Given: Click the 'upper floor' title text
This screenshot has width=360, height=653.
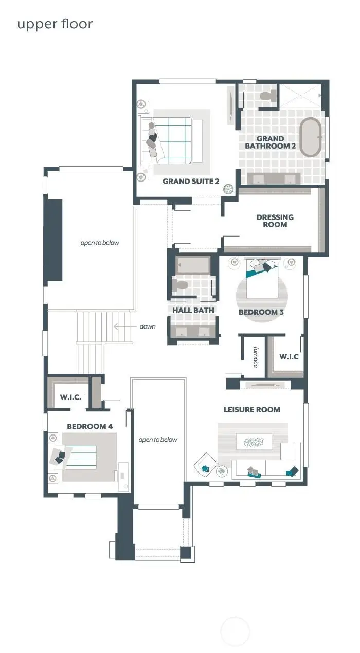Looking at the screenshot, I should coord(55,24).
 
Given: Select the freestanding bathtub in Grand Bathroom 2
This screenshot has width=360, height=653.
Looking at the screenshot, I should coord(311,137).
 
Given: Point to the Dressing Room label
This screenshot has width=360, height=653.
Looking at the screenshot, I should coord(275,221).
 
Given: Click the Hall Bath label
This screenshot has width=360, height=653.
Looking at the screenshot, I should coord(193,310).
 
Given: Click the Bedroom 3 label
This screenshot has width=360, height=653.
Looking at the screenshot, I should coord(261,312).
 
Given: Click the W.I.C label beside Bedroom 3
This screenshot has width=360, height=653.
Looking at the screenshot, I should coord(289,356).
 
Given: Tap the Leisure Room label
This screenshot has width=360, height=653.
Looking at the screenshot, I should coord(251,410).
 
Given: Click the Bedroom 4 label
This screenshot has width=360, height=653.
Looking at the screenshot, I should coord(89,426).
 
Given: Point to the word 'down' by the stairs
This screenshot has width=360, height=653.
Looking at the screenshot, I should coord(147,326).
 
